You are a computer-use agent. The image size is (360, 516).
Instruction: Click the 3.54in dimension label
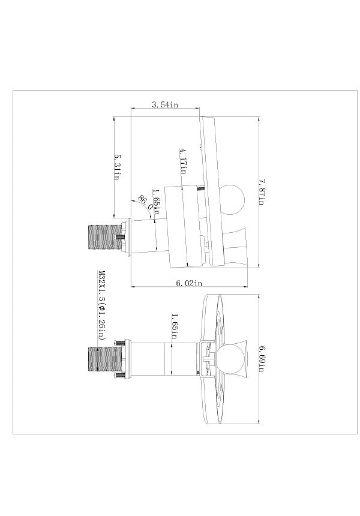click(x=164, y=104)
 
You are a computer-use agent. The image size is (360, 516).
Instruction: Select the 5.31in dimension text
click(x=116, y=167)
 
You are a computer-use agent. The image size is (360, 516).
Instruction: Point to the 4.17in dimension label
click(x=183, y=161)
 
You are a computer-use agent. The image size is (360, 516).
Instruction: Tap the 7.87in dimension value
click(x=262, y=192)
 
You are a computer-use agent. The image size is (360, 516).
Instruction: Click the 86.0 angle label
click(x=145, y=202)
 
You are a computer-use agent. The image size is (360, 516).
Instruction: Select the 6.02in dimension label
click(x=189, y=283)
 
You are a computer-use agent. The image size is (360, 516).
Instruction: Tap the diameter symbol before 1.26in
click(x=101, y=308)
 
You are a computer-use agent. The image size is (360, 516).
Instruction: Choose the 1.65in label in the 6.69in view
click(x=175, y=326)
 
